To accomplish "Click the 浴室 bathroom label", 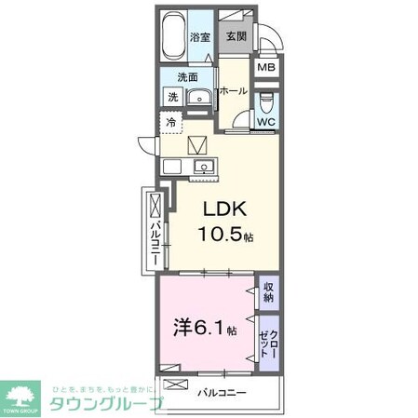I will click(x=200, y=37).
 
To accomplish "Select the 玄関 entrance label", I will click(x=236, y=37).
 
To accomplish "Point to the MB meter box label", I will click(x=266, y=68).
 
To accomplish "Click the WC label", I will click(x=265, y=120).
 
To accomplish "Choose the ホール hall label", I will click(x=233, y=90).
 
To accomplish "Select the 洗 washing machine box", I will click(x=173, y=96).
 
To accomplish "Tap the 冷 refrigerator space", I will click(x=171, y=122).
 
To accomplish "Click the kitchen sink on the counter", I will click(x=203, y=168).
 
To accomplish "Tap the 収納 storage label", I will click(x=268, y=293).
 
